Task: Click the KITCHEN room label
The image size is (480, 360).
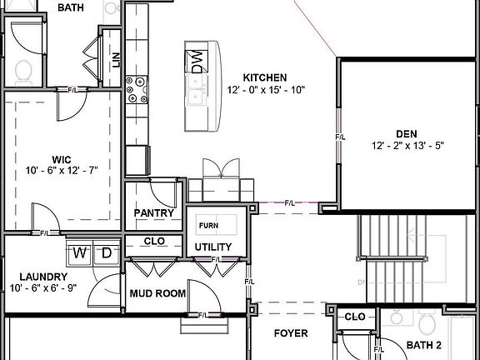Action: point(265,77)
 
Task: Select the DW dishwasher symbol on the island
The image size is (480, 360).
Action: point(198,62)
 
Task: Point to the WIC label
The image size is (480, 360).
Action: point(61,158)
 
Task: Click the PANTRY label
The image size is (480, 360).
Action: point(154,213)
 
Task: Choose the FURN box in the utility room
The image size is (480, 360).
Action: point(207,226)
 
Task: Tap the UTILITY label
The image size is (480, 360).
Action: point(213,247)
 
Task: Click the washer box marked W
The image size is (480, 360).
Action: point(81,252)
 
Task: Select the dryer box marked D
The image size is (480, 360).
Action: point(107,252)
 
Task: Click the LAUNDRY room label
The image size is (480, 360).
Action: point(44,277)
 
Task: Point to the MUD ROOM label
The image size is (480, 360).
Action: point(157,293)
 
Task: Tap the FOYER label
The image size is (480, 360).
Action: point(291,333)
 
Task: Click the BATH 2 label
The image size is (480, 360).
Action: point(425,345)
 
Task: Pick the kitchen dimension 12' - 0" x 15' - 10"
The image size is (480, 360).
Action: point(265,90)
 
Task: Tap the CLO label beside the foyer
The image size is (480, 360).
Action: point(355,317)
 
